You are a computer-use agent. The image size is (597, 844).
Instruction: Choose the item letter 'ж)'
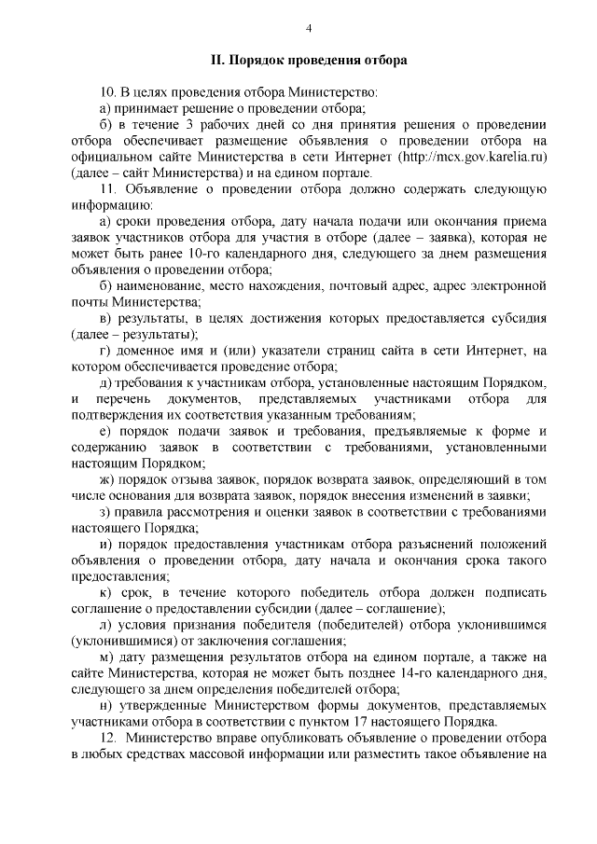tap(105, 479)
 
